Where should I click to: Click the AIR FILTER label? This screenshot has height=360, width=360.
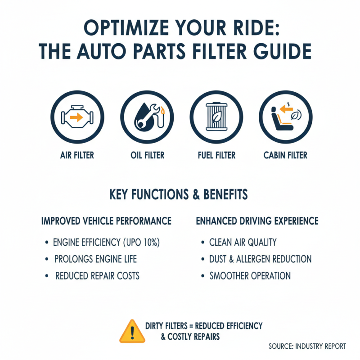coord(77,155)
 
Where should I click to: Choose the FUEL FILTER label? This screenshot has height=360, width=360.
coord(216,155)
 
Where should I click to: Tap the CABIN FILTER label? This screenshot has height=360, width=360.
coord(285,155)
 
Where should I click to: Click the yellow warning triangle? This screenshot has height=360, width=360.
coord(132,332)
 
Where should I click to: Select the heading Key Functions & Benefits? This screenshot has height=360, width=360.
coord(179,194)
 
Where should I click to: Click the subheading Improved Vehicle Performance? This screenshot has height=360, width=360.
coord(106,221)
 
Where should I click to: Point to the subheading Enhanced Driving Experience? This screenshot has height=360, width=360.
coord(257,221)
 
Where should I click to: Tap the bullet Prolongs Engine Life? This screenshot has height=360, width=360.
coord(95,259)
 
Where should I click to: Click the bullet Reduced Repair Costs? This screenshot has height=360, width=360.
coord(97,276)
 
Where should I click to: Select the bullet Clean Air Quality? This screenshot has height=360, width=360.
coord(243,242)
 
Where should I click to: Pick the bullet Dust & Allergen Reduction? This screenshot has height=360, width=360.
coord(261,259)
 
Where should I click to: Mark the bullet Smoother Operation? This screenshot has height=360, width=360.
coord(250,276)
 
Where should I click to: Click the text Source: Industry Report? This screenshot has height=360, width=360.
coord(307,346)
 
